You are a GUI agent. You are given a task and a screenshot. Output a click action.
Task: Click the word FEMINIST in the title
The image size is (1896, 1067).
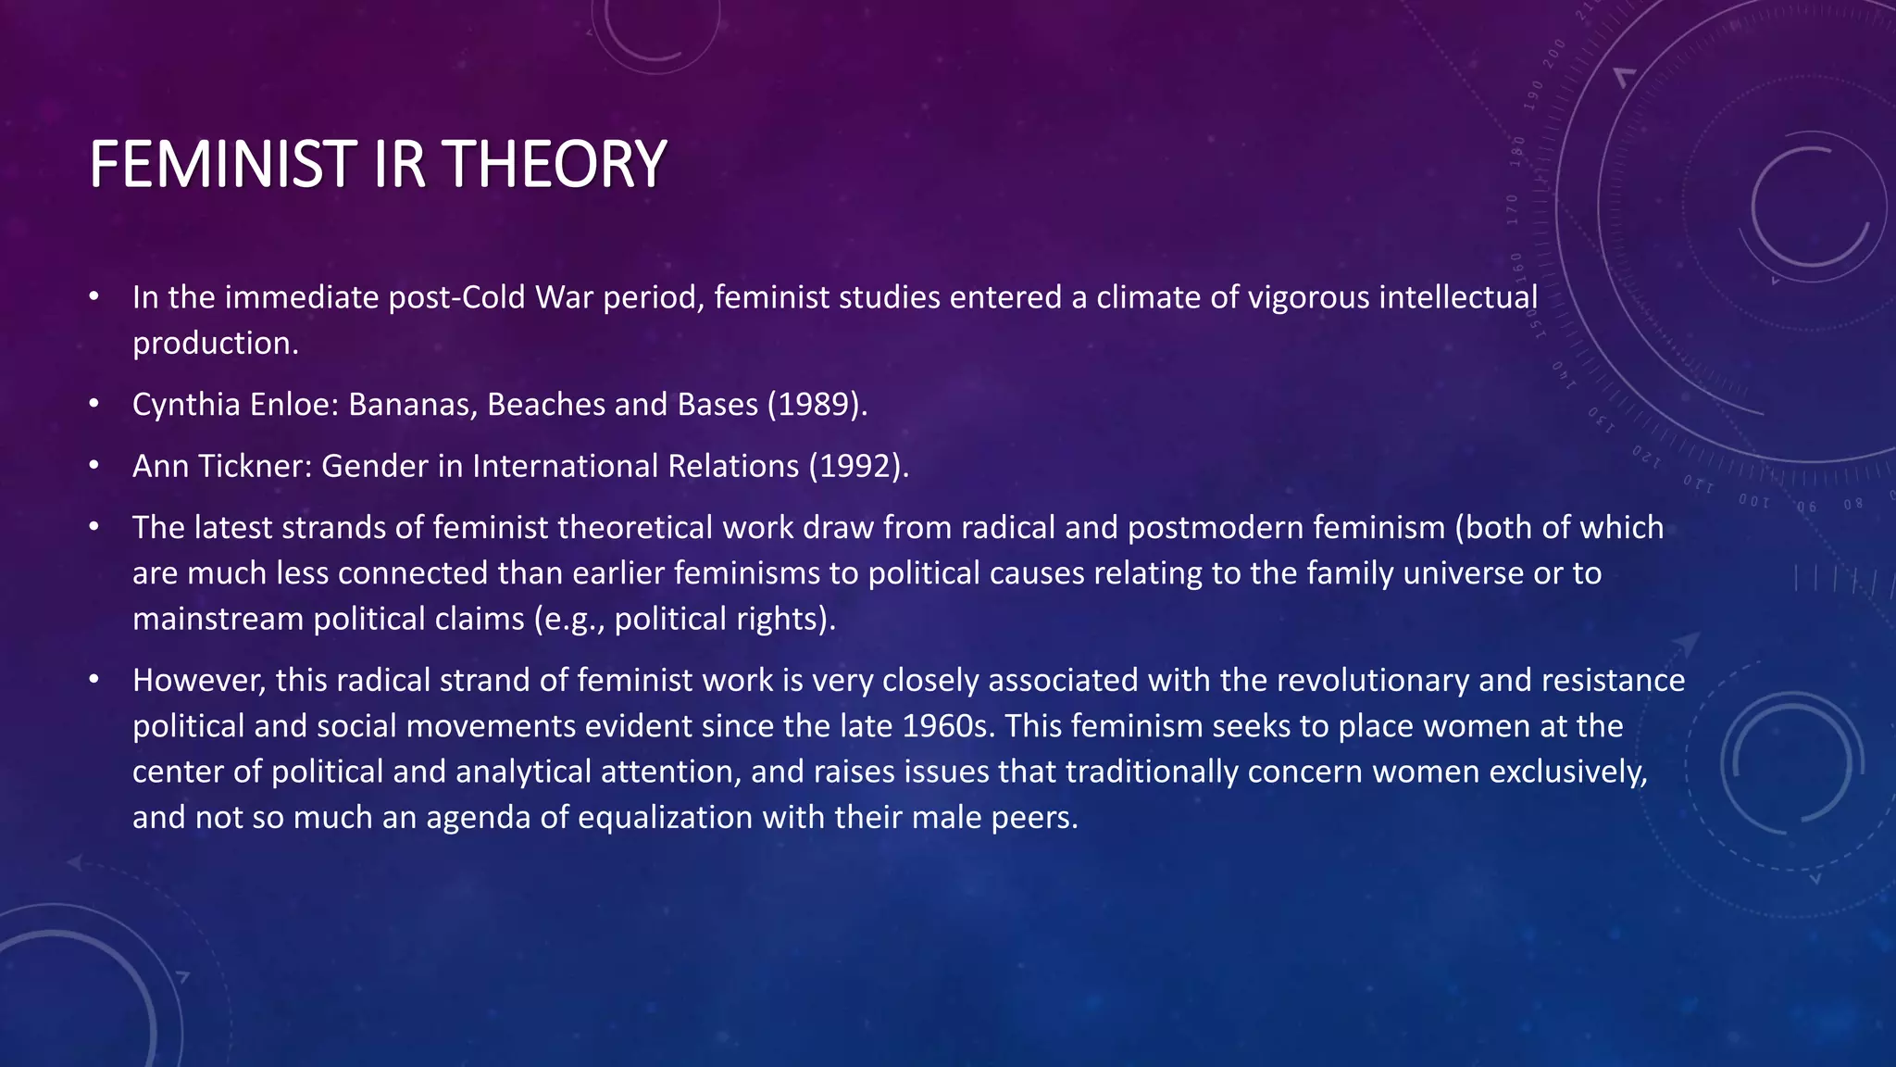pyautogui.click(x=221, y=165)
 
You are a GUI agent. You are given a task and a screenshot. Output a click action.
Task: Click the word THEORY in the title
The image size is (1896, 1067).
pyautogui.click(x=555, y=165)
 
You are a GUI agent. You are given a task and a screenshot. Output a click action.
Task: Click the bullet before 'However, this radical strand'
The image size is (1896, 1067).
pyautogui.click(x=94, y=681)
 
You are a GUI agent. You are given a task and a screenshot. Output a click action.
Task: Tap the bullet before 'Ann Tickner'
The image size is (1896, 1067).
pyautogui.click(x=94, y=466)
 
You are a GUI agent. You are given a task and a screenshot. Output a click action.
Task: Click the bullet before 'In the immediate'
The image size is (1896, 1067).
pyautogui.click(x=94, y=298)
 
